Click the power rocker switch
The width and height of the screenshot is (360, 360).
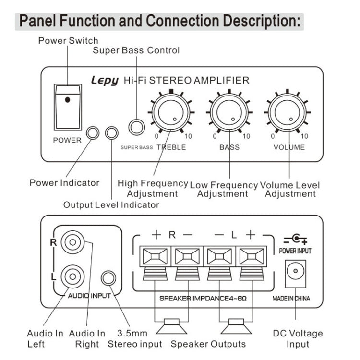tap(67, 107)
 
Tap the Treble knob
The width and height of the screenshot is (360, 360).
tap(171, 112)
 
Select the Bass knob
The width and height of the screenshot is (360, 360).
tap(229, 112)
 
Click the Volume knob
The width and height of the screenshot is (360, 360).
tap(288, 112)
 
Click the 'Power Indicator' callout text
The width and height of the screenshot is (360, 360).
tap(64, 182)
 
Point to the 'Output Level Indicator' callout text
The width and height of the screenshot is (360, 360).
tap(111, 205)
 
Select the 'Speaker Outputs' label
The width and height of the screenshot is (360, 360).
tap(208, 344)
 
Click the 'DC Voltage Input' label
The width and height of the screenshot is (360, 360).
tap(298, 338)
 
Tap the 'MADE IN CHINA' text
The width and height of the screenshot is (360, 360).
tap(291, 298)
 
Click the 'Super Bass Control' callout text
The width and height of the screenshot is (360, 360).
tap(136, 50)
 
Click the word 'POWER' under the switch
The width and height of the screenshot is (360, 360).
tap(67, 140)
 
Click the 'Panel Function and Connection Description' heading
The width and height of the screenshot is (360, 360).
tap(161, 22)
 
